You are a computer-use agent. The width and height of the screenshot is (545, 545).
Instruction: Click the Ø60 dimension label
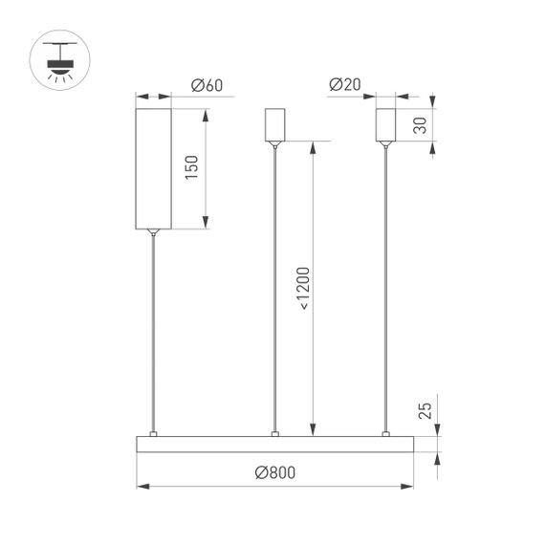click(207, 86)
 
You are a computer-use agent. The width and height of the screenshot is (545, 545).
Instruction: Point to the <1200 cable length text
click(303, 286)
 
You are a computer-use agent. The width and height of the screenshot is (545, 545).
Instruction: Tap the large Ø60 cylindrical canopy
click(152, 168)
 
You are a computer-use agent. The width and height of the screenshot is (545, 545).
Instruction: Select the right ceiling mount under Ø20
click(386, 124)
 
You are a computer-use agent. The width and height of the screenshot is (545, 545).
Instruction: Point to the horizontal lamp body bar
click(275, 445)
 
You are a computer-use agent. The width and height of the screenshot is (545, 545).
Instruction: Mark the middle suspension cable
click(275, 287)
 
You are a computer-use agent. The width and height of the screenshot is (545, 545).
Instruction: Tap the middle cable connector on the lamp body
click(275, 434)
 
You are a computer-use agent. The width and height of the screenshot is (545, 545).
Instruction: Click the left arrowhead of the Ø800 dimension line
click(142, 486)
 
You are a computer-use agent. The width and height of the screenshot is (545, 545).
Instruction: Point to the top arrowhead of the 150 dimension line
click(205, 113)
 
